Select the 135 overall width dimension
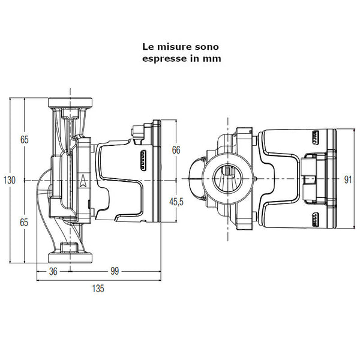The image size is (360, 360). [x=98, y=289]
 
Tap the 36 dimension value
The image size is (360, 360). [x=53, y=271]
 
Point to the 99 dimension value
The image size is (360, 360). [x=115, y=271]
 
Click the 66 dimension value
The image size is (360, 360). [x=176, y=150]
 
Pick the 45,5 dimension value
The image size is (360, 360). [x=176, y=202]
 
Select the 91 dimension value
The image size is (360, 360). [x=347, y=179]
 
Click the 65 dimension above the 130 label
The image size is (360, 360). [x=24, y=139]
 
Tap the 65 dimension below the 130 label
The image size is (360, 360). [x=24, y=222]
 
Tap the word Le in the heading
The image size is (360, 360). [x=148, y=46]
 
